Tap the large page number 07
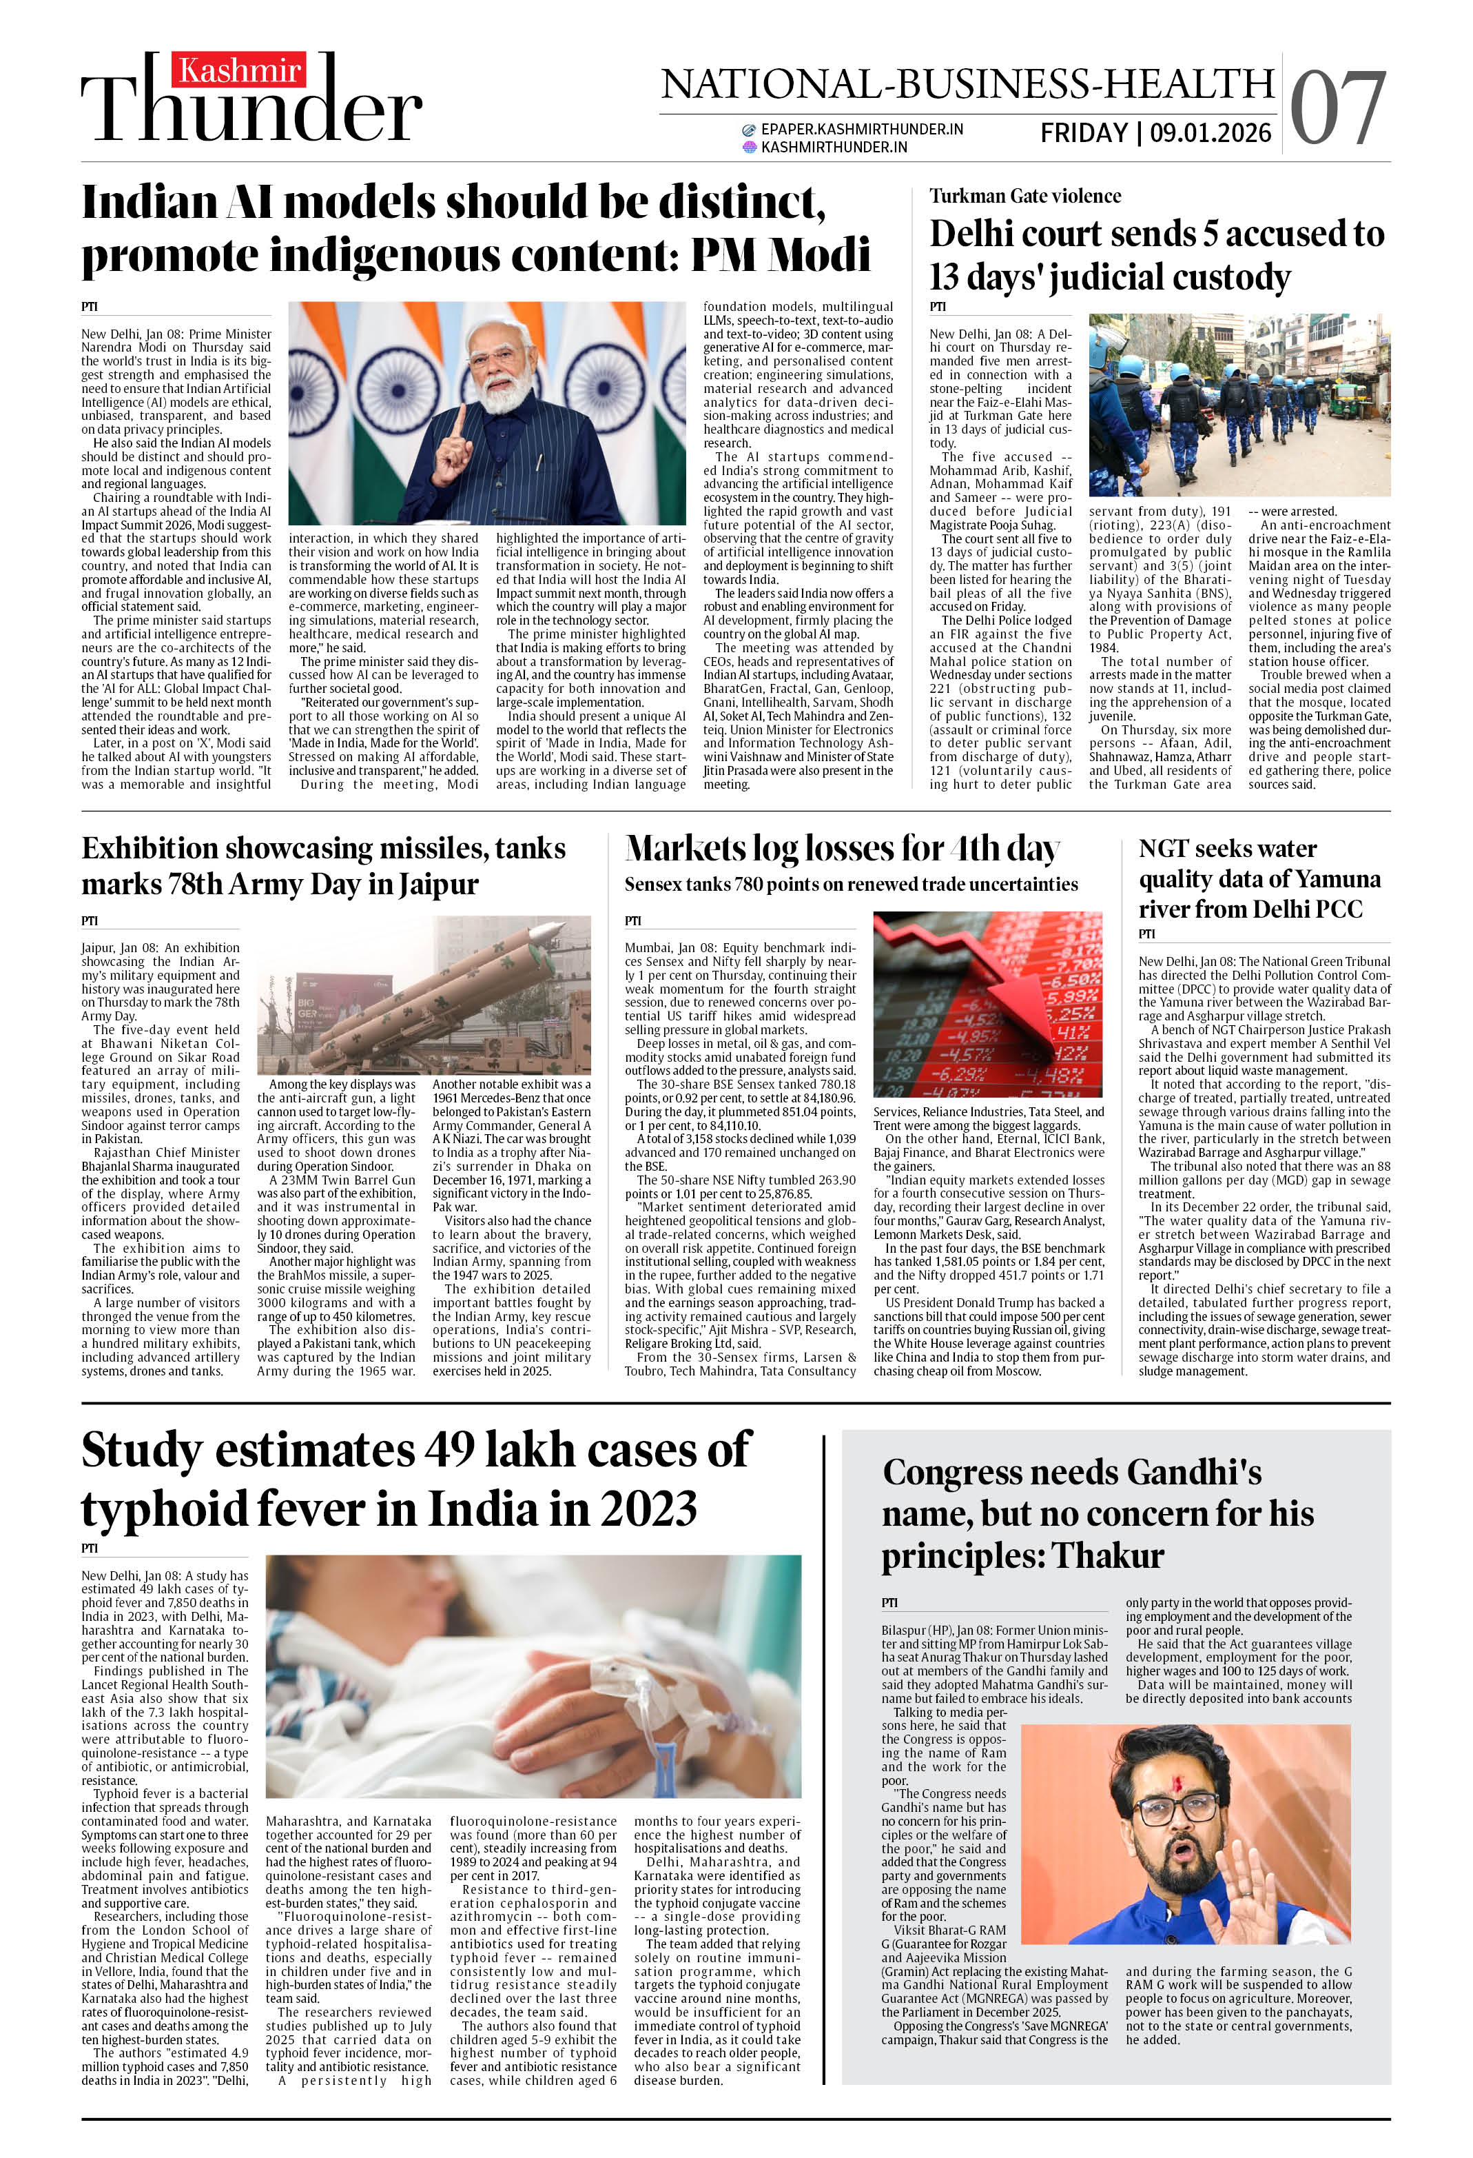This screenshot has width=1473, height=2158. point(1337,110)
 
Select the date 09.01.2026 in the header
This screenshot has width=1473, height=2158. point(1211,133)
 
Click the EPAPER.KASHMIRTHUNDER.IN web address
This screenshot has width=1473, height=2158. point(861,129)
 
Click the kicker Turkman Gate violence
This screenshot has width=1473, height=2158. point(1024,196)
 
